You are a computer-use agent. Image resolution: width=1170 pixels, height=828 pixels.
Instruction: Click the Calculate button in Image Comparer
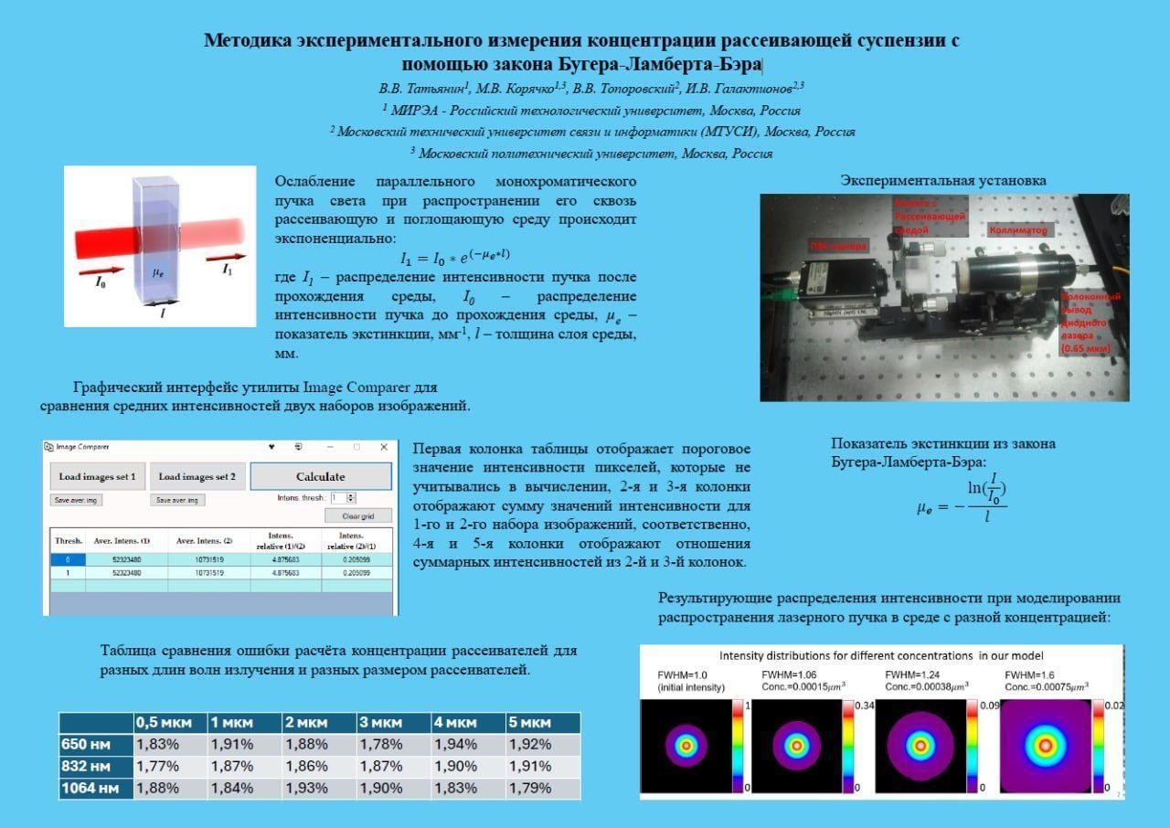321,476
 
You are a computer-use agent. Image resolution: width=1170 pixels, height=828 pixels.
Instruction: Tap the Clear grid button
358,515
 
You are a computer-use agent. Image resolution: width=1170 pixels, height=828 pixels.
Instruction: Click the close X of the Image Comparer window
384,447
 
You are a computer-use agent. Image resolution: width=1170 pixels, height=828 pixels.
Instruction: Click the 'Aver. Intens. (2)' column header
209,540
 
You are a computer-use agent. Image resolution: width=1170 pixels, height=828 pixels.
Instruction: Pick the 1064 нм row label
86,788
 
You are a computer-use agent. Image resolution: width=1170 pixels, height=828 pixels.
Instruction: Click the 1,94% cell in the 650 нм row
458,744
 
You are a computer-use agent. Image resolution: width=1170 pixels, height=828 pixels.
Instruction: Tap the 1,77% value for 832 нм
158,767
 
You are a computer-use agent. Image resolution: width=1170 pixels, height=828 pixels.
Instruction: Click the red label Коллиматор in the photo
1018,231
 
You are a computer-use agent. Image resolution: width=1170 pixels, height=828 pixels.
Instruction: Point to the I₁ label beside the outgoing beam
227,270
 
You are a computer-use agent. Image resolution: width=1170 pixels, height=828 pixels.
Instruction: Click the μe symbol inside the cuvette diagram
157,271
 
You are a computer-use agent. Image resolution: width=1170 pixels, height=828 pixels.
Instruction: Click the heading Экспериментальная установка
943,181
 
